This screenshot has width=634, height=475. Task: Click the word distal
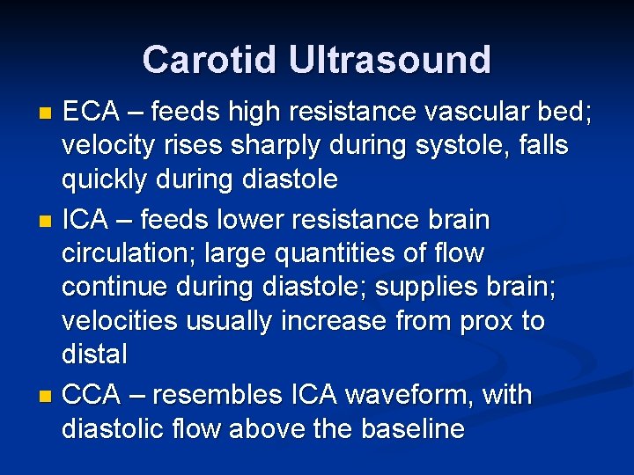pos(94,354)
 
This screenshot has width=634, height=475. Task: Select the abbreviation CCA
pos(92,395)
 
